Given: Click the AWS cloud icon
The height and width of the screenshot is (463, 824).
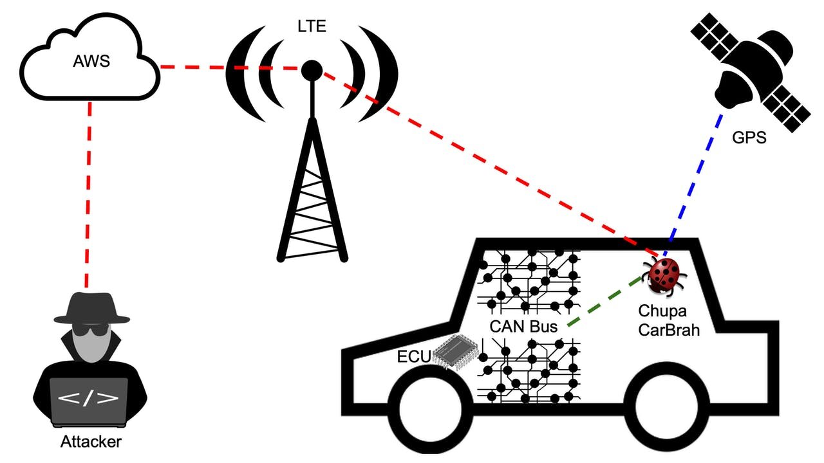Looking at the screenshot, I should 90,61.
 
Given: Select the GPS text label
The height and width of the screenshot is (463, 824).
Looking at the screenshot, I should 749,137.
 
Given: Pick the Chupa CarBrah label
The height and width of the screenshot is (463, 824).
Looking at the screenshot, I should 668,320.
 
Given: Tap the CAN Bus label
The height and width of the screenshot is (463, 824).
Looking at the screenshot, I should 523,326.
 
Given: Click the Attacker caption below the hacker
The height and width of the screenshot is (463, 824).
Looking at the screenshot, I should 91,442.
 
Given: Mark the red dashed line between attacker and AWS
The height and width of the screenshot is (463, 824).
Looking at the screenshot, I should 88,193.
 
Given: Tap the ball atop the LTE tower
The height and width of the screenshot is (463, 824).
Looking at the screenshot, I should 312,69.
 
